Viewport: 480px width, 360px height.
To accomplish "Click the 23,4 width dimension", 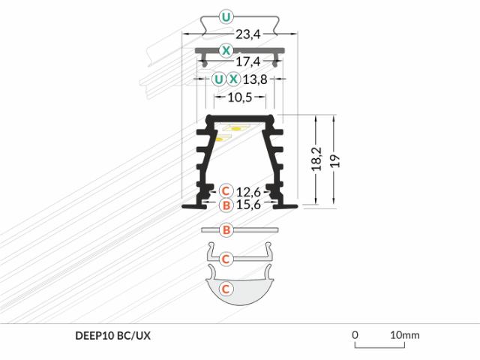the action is point(248,34).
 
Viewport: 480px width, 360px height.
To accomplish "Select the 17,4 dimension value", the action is point(248,61).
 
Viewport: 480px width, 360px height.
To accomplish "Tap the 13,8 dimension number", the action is point(255,79).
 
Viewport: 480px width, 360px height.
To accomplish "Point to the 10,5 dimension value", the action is point(240,97).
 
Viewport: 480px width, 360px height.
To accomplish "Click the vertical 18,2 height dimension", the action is point(317,159).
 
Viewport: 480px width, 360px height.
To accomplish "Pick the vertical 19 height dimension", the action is point(335,160).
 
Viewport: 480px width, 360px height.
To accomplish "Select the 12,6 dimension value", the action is point(248,192).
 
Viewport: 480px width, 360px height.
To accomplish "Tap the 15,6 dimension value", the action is point(248,204).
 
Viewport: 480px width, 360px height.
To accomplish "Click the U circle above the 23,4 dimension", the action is point(226,17).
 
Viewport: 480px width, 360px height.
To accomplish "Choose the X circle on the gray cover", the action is point(226,50).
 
